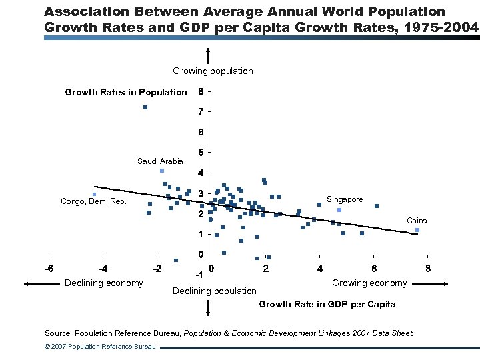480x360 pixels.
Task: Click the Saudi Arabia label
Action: [159, 161]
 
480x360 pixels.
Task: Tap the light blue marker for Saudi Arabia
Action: [162, 171]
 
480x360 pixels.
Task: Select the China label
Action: [417, 221]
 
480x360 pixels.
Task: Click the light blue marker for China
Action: [417, 230]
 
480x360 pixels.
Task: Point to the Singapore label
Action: [345, 199]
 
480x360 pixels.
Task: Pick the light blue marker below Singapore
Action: [339, 210]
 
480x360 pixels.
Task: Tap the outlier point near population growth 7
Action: [145, 107]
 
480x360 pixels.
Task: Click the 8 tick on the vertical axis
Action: [201, 92]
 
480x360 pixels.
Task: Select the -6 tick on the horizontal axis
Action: [49, 269]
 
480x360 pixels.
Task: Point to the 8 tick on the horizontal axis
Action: [428, 269]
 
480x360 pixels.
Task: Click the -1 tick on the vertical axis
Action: [199, 275]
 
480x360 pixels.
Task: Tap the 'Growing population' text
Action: [213, 71]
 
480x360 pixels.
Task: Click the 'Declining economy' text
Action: [103, 283]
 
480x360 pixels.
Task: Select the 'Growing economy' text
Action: [369, 283]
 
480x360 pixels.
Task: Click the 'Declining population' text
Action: [214, 291]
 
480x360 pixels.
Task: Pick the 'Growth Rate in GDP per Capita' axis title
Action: [327, 304]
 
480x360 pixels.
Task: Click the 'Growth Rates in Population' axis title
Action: [125, 92]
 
